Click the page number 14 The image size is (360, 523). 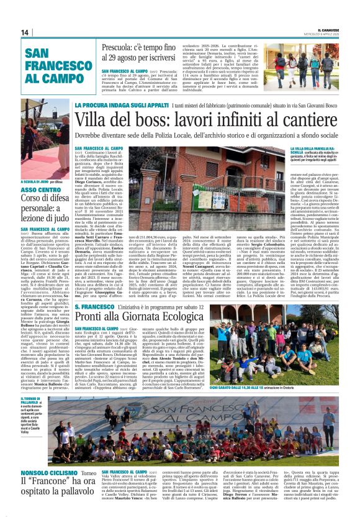25,32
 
